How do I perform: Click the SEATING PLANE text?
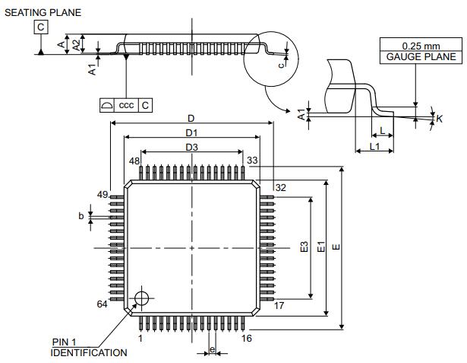coord(43,12)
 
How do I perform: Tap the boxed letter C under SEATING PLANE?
coord(39,27)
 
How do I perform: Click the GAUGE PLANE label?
coord(421,57)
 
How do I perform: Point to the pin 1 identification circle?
coord(141,298)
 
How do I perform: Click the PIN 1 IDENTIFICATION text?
coord(89,347)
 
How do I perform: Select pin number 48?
coord(134,161)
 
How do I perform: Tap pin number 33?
coord(253,161)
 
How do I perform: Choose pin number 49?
coord(102,195)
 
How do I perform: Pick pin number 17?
coord(279,305)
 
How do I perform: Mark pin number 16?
coord(246,338)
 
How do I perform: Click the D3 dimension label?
coord(191,147)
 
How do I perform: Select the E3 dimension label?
coord(304,248)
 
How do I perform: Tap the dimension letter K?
coord(440,119)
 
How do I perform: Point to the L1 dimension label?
coord(374,145)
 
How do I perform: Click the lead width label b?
coord(80,217)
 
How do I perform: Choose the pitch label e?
coord(212,350)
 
